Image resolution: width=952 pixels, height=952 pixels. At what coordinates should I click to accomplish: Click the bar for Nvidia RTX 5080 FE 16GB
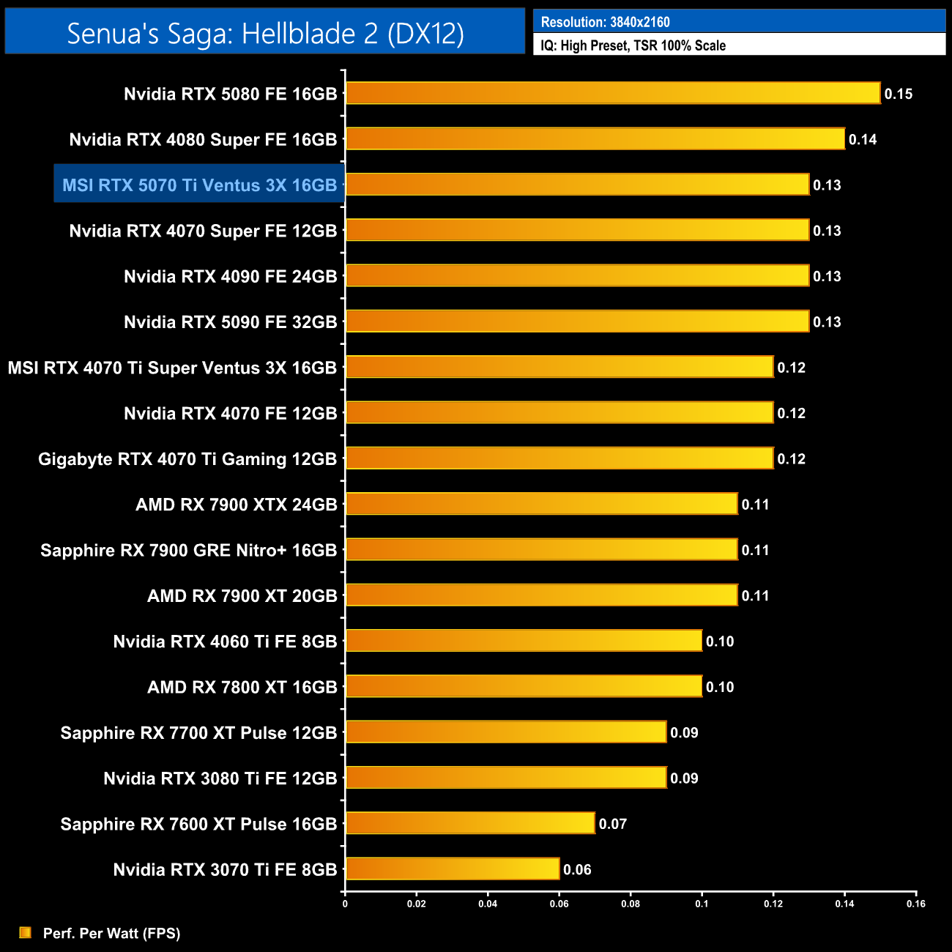click(x=613, y=93)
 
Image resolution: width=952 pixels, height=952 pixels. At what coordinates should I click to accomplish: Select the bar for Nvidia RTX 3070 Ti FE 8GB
click(x=453, y=869)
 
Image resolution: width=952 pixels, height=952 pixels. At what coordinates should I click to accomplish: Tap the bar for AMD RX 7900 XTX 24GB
click(x=542, y=504)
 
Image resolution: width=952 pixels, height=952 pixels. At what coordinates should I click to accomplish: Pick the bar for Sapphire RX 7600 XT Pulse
click(x=470, y=823)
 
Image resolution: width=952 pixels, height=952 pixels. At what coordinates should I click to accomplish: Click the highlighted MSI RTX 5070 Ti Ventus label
click(x=199, y=185)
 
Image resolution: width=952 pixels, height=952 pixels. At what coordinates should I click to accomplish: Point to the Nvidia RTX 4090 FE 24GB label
click(x=230, y=276)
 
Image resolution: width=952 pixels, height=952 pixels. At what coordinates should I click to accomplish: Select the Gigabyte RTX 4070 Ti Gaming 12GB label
click(x=187, y=459)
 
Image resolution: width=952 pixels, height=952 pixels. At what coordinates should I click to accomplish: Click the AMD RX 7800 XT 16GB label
click(x=242, y=687)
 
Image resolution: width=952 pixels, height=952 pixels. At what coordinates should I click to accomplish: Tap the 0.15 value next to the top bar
click(x=899, y=94)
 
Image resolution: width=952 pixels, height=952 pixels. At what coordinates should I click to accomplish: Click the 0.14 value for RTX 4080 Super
click(x=863, y=139)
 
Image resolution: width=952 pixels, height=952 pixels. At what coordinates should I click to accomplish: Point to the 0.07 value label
click(x=613, y=824)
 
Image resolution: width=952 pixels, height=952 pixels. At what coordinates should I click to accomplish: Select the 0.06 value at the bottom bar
click(x=577, y=869)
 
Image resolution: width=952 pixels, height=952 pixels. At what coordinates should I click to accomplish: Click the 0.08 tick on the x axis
click(x=631, y=904)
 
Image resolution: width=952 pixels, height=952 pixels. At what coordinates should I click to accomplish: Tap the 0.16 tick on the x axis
click(x=916, y=904)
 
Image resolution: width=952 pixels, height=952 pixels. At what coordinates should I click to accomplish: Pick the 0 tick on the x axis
click(x=345, y=904)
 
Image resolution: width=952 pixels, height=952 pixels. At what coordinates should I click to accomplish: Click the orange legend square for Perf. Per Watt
click(x=26, y=932)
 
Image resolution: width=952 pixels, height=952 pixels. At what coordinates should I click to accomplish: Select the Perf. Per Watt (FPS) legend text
click(x=111, y=933)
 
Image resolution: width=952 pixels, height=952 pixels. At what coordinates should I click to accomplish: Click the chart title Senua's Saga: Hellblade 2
click(x=265, y=33)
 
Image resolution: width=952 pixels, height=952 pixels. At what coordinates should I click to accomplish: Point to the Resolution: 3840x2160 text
click(x=605, y=22)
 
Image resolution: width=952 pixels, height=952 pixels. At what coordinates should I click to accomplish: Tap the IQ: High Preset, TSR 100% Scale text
click(x=633, y=45)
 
